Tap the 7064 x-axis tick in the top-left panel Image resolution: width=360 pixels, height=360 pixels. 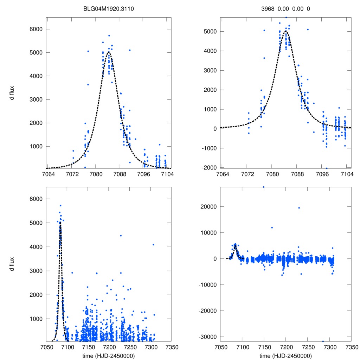click(48, 174)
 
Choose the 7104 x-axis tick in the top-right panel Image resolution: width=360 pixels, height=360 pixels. click(347, 174)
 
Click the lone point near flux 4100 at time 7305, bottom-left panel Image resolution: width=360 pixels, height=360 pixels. click(153, 244)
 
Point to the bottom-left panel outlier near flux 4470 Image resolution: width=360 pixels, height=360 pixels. click(121, 236)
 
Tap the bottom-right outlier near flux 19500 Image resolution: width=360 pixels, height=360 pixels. click(299, 208)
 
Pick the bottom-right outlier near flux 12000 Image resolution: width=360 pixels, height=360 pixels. click(272, 227)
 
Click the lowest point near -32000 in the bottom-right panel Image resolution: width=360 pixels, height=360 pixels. click(323, 341)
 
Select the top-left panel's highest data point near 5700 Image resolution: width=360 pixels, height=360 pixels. click(109, 36)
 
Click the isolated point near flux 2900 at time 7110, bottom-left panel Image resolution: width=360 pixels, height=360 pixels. click(72, 273)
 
